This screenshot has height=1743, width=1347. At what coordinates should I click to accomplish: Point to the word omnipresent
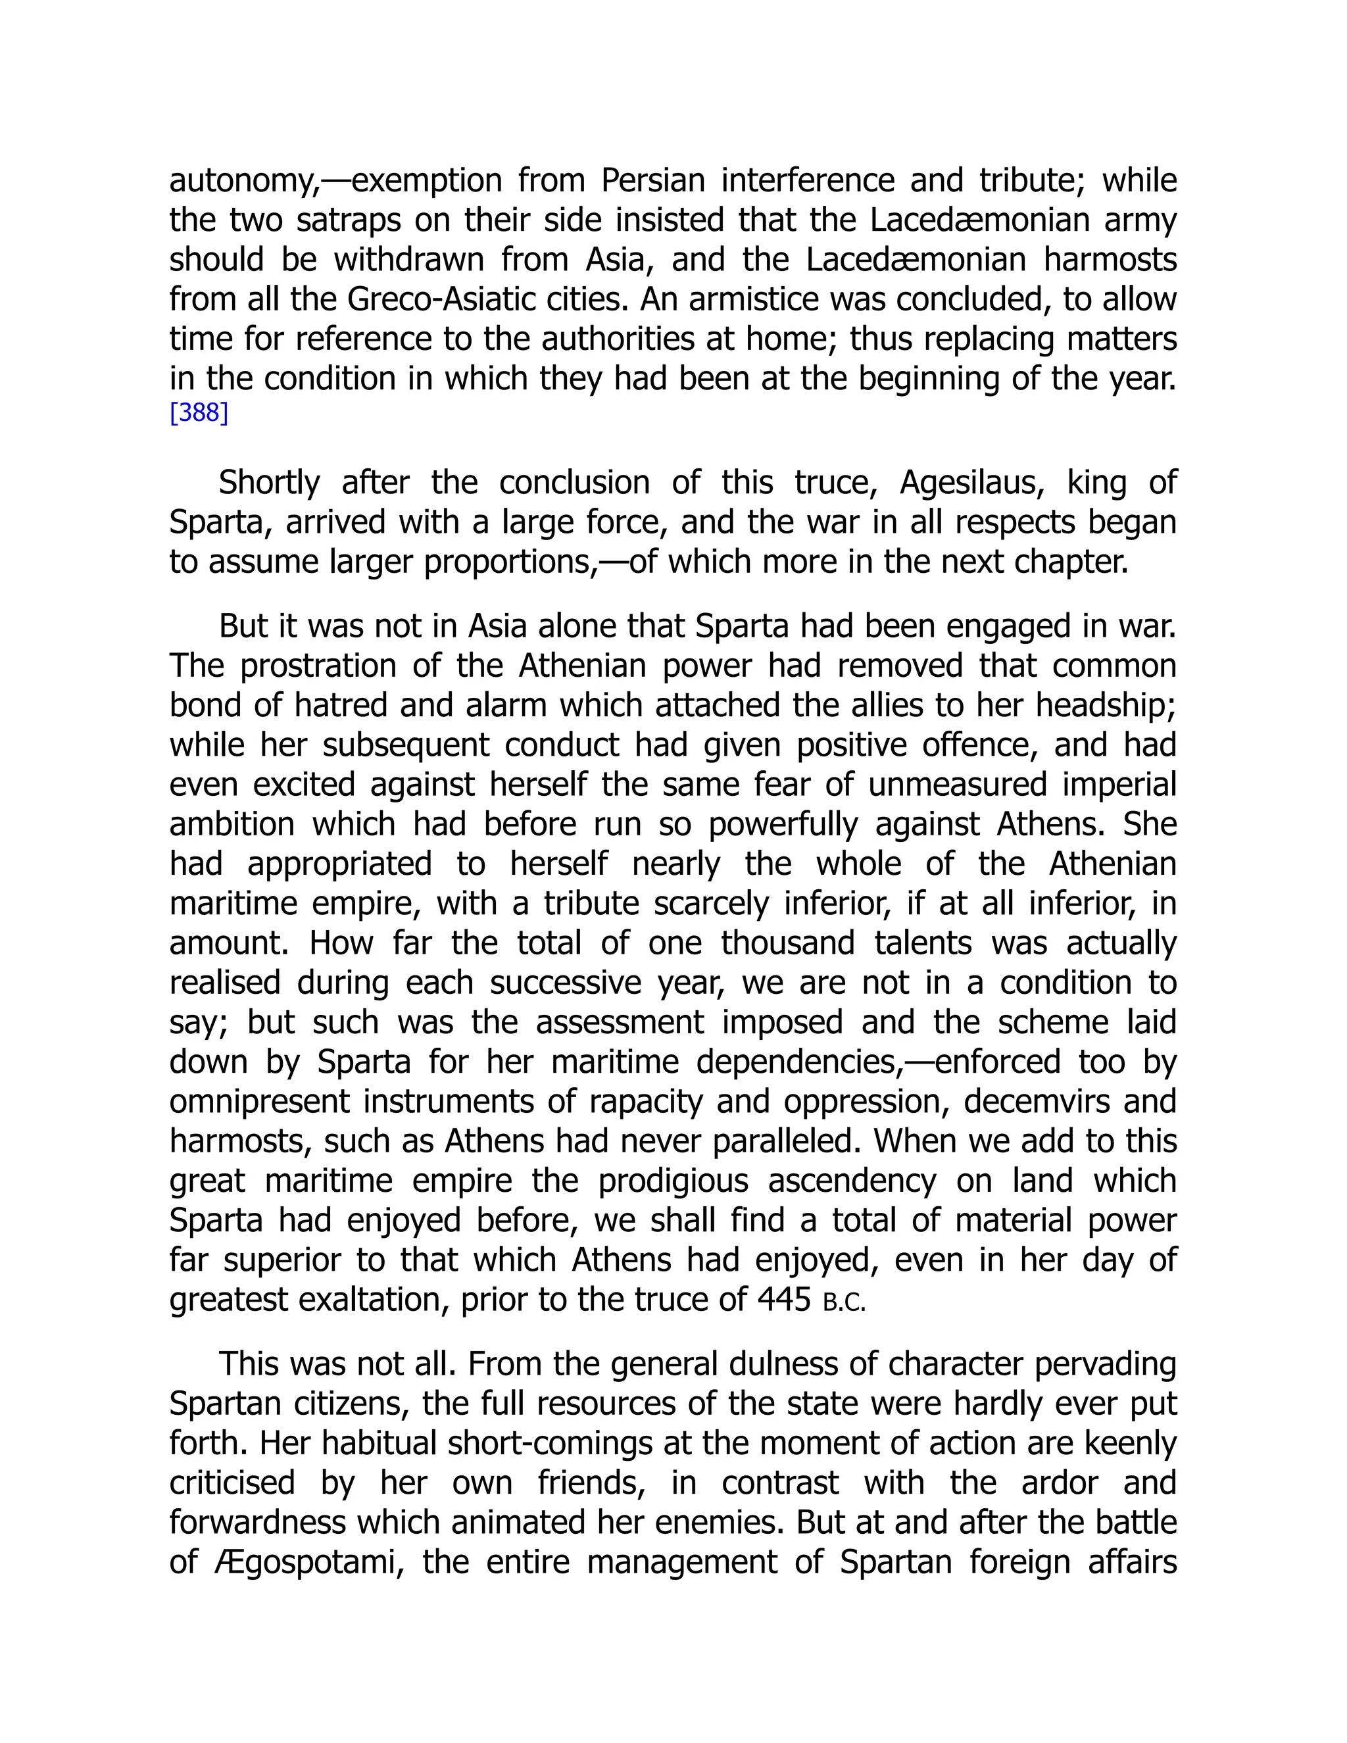click(259, 1101)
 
